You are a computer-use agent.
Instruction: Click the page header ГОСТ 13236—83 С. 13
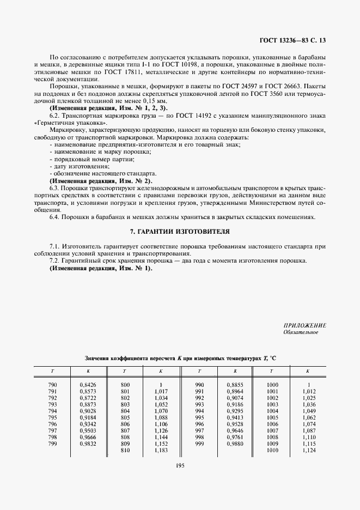tap(294, 40)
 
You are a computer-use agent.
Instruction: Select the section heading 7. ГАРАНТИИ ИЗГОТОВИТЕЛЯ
tap(180, 232)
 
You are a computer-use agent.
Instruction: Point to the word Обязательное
tap(301, 332)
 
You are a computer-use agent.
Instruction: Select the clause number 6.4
tap(55, 217)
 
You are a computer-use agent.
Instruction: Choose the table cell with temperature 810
tap(125, 450)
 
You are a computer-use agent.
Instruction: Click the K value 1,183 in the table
tap(161, 450)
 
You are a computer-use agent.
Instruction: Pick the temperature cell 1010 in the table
tap(272, 450)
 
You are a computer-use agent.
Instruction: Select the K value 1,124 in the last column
tap(308, 450)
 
